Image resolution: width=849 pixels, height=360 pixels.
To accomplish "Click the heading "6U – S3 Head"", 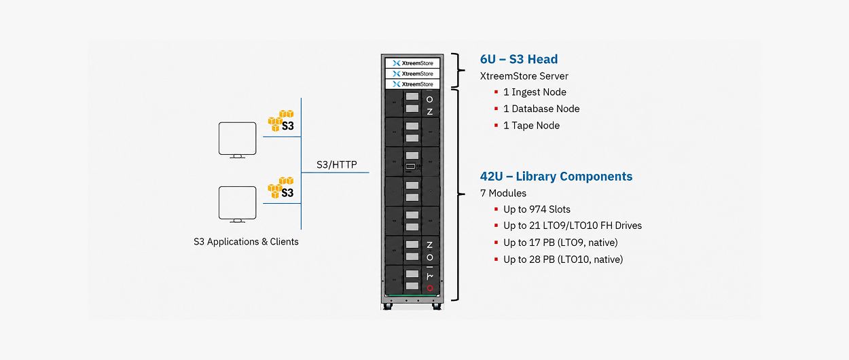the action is (518, 59).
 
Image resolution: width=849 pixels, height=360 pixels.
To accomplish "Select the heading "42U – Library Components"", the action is (556, 176).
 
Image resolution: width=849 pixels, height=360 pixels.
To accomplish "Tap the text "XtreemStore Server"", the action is (524, 76).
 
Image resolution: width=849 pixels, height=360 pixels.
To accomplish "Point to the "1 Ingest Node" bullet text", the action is (535, 92).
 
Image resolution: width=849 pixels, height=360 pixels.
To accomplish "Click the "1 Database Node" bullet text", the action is (541, 109).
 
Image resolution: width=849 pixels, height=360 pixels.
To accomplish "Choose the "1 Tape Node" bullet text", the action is (531, 126).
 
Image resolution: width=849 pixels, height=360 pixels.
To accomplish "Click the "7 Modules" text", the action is (503, 194).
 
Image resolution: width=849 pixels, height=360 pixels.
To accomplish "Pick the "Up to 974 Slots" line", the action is (537, 209).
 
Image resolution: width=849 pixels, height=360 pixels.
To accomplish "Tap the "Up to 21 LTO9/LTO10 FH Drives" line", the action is (573, 226).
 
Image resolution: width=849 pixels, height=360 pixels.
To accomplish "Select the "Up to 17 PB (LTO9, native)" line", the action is (560, 242).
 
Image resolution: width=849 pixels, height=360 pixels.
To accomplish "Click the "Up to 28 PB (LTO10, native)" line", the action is (563, 259).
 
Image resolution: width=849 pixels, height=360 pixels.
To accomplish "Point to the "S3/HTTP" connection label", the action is (337, 164).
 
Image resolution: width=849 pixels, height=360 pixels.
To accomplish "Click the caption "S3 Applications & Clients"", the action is (246, 241).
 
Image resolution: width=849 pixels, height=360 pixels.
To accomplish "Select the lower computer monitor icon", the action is (237, 204).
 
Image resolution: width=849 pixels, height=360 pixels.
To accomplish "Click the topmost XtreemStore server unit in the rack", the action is (412, 63).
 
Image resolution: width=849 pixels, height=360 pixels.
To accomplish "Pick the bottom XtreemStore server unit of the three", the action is (412, 84).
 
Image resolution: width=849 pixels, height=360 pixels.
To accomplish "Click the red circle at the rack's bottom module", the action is (430, 288).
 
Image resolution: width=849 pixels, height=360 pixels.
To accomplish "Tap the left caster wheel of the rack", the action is (387, 306).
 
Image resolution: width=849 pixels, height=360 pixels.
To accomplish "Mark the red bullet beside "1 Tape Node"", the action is (496, 126).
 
